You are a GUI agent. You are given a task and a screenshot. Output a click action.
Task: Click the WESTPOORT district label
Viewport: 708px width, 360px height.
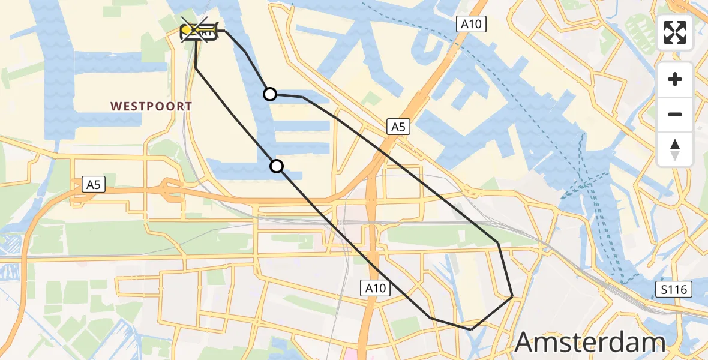point(151,106)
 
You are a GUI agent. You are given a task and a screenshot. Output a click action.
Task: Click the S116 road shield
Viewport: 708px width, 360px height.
point(673,290)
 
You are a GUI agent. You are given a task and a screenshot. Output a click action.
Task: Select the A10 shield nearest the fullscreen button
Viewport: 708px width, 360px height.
point(471,24)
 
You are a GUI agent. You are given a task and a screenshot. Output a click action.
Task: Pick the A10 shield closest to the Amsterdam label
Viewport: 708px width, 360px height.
point(376,289)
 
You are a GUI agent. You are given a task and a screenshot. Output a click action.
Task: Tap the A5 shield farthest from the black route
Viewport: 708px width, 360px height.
point(93,185)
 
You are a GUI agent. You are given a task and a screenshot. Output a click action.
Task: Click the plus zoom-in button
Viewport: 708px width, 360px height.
point(675,79)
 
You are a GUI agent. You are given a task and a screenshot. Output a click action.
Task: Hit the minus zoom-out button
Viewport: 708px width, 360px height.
point(675,114)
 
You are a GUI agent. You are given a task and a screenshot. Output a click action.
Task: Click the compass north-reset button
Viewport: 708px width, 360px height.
point(675,149)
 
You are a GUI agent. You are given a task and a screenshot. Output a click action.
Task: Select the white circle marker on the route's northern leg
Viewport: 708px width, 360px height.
point(270,94)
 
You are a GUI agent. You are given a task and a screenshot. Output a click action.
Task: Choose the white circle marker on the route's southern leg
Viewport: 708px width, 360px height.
point(277,166)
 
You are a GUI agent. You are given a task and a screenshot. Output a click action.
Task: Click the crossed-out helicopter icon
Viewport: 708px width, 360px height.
point(200,29)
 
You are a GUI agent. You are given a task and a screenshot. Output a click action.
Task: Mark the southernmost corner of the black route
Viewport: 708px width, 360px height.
point(471,329)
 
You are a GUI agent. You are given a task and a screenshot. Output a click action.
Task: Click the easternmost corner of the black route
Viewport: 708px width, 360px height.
point(512,296)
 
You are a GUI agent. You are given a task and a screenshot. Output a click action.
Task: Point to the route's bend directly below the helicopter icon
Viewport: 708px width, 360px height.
point(196,68)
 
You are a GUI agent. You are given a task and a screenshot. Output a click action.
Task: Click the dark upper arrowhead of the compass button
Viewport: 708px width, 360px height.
point(675,144)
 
